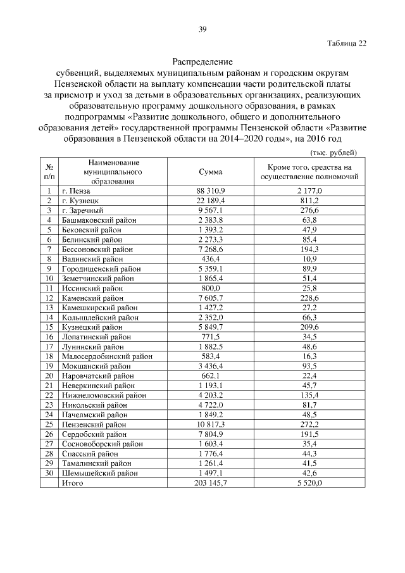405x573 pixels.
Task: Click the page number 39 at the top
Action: point(202,28)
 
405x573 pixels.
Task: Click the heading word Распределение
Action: point(202,62)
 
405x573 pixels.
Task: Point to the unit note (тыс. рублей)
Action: point(333,153)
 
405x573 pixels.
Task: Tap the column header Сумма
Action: point(210,172)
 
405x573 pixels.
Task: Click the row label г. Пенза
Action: point(76,191)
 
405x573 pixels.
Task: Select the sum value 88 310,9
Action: point(210,191)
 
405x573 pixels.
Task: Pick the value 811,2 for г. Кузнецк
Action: point(309,200)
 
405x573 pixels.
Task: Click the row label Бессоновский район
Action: point(97,249)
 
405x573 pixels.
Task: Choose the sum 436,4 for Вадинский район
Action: point(210,259)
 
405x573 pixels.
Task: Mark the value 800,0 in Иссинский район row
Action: point(210,288)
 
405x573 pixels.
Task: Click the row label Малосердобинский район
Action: point(107,356)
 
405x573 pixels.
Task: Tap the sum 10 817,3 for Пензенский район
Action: point(210,424)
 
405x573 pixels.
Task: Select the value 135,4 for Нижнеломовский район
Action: point(309,395)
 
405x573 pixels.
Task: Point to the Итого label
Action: point(72,483)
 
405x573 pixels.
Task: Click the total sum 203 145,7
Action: point(210,483)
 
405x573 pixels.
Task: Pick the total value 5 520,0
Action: point(309,483)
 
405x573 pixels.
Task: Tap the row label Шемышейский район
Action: point(99,473)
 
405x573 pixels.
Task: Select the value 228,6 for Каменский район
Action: point(309,298)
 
